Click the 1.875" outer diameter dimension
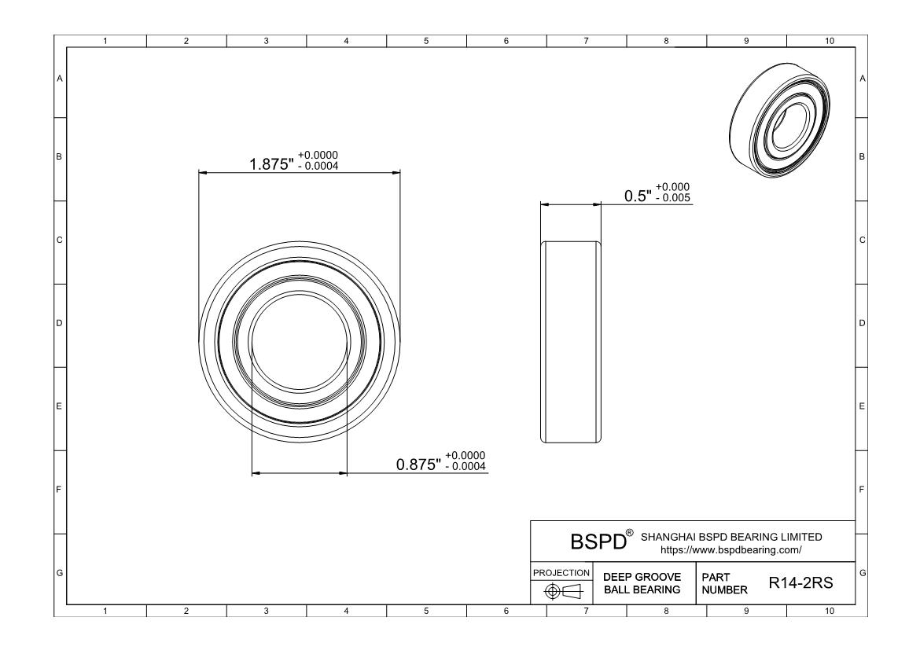click(271, 164)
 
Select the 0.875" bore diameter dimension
click(418, 465)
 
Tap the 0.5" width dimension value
click(638, 196)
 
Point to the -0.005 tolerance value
click(673, 198)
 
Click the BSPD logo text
click(598, 542)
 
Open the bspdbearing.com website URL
click(731, 550)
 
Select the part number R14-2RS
click(801, 582)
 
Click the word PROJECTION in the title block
click(561, 572)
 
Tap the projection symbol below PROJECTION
click(563, 591)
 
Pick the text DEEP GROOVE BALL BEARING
click(642, 583)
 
